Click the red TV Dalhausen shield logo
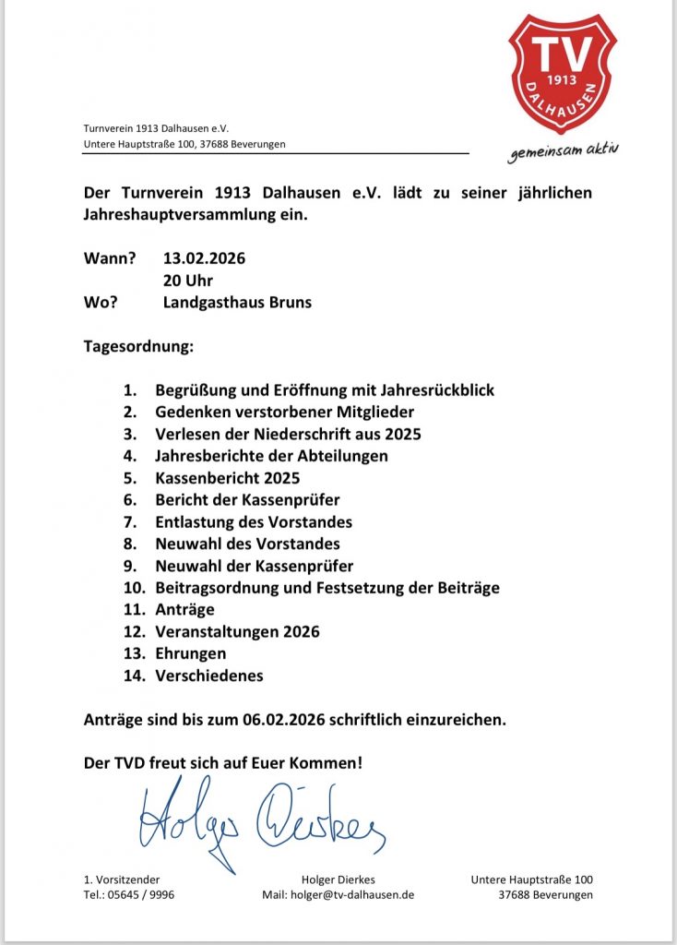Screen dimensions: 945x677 tap(564, 73)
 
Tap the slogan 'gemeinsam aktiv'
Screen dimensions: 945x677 tap(564, 151)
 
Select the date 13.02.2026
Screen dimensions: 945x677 tap(204, 258)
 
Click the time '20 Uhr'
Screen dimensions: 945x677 tap(187, 281)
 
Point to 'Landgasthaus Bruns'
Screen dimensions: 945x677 tap(237, 303)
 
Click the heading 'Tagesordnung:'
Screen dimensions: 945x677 tap(139, 348)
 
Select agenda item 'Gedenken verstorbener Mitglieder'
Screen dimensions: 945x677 tap(284, 412)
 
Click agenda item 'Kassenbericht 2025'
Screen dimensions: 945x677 tap(227, 478)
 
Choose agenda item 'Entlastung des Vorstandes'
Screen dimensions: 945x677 tap(253, 522)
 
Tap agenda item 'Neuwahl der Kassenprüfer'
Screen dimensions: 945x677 tap(254, 566)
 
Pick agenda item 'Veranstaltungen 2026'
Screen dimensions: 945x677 tap(237, 632)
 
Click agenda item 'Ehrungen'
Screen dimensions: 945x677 tap(190, 653)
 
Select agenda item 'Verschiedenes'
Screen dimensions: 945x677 tap(208, 676)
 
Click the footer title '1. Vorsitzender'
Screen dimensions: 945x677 tap(121, 879)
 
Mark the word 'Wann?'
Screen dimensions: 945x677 tap(110, 258)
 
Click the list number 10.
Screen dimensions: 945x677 tap(135, 588)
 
